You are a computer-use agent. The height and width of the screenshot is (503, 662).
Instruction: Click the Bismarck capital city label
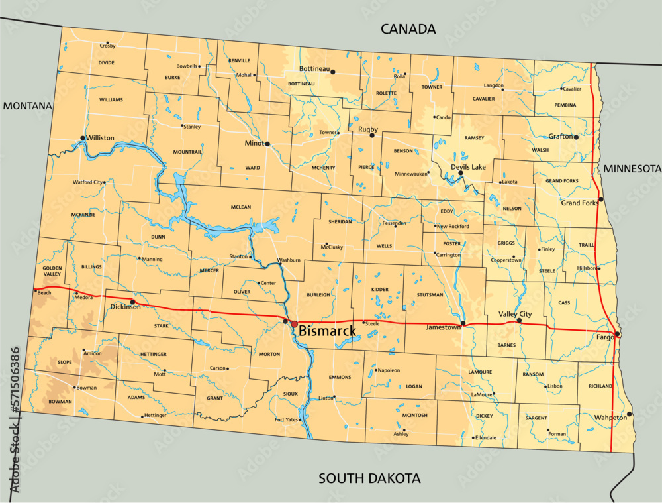point(327,330)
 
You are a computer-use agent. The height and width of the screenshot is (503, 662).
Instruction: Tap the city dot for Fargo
point(617,334)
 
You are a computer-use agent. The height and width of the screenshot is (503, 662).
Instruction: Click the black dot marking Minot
point(267,144)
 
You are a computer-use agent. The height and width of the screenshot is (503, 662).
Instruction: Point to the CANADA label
point(408,29)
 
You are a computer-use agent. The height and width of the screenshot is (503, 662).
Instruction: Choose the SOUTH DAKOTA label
point(369,478)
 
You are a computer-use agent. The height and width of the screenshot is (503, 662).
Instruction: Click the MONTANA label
point(27,106)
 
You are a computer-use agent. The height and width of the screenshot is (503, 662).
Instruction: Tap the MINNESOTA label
point(632,169)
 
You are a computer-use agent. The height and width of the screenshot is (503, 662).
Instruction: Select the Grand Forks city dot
point(600,199)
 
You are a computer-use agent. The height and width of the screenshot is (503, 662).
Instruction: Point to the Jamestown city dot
point(463,323)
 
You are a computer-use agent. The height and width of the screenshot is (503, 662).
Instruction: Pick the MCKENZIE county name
point(83,215)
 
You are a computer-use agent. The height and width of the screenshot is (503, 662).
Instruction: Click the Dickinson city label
point(125,307)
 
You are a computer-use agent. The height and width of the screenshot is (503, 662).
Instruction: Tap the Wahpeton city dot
point(629,414)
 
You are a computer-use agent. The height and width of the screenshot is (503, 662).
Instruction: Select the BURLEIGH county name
point(318,294)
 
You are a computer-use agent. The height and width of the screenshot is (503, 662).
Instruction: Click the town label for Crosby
point(108,46)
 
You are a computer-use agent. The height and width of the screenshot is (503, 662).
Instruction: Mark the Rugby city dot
point(372,135)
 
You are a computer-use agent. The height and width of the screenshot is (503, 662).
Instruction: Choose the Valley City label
point(515,313)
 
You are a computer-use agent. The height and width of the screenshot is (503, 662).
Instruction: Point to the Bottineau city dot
point(333,72)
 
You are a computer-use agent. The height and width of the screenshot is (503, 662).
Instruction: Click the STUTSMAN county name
point(430,294)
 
